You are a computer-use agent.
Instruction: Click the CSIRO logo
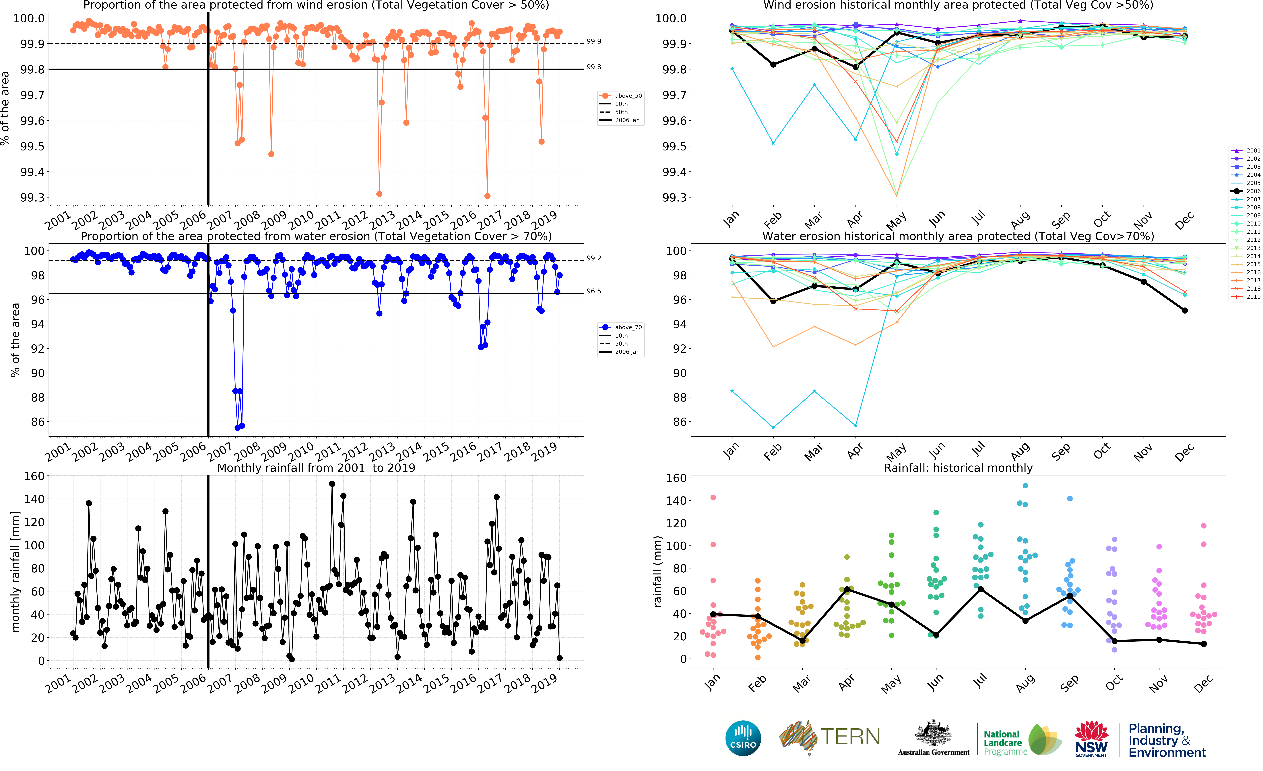click(743, 738)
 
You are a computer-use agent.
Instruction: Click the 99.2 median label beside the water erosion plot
click(594, 258)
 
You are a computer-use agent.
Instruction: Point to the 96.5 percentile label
click(594, 291)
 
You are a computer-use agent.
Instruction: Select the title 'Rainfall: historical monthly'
click(958, 468)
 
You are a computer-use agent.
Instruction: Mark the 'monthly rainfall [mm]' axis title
click(15, 571)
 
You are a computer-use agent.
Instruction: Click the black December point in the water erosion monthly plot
click(1185, 310)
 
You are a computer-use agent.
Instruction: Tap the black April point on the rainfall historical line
click(847, 590)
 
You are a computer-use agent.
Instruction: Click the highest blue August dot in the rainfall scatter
click(1025, 486)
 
